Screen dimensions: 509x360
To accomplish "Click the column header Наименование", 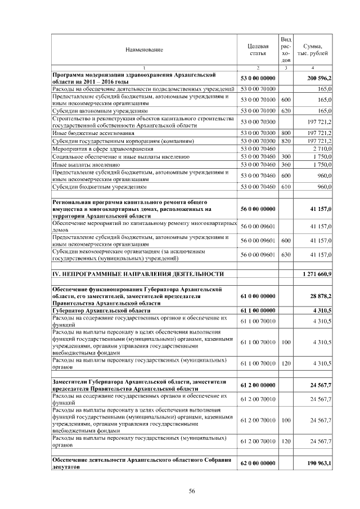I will pos(145,50).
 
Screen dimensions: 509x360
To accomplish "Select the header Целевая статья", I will pos(258,49).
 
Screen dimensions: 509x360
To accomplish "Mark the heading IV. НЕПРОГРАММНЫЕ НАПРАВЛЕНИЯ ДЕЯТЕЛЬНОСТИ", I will pos(134,274).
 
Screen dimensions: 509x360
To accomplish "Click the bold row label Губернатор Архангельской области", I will pos(101,310).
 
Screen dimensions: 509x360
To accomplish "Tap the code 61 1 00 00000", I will pos(258,310).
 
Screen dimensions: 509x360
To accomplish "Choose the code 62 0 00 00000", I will pos(258,463).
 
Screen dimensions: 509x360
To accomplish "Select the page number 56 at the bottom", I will pos(191,492).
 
